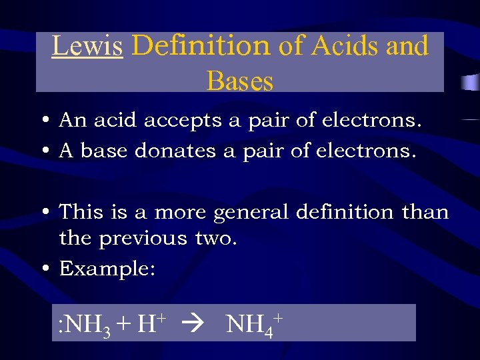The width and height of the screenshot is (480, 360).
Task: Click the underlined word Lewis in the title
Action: [87, 46]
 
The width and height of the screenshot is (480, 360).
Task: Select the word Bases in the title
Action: [240, 81]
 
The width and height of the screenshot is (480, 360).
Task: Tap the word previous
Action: [143, 238]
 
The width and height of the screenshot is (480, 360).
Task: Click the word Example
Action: [107, 269]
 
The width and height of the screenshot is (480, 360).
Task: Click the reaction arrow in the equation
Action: [198, 325]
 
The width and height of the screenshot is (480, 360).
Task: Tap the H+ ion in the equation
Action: [150, 324]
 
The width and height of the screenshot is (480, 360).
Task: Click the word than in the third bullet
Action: [425, 213]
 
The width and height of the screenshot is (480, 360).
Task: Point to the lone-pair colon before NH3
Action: [61, 326]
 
